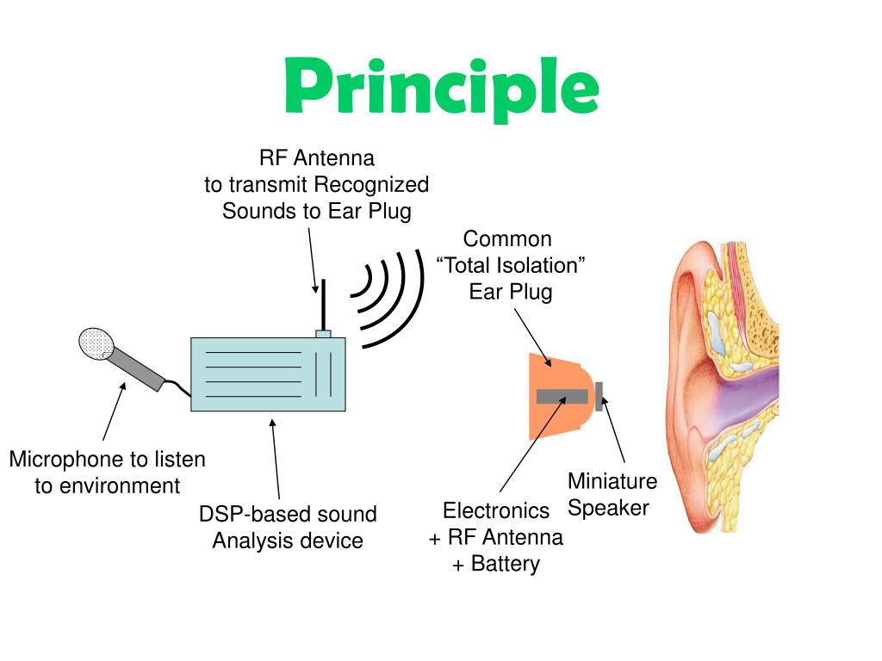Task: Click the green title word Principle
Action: [x=441, y=88]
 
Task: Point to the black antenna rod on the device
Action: [x=322, y=304]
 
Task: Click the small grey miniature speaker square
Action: [x=599, y=396]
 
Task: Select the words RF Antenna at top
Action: [x=317, y=158]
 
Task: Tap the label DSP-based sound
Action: [x=288, y=515]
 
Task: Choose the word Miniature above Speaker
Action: [x=612, y=481]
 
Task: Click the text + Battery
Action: [x=496, y=565]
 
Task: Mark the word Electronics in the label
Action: [x=496, y=511]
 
